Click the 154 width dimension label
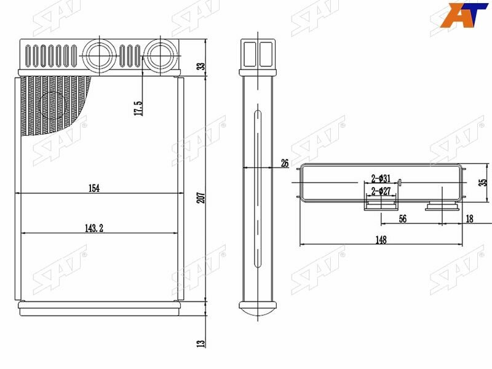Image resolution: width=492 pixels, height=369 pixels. click(94, 188)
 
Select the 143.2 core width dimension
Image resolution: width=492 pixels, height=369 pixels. click(94, 228)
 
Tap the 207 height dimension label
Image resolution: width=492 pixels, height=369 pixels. click(202, 197)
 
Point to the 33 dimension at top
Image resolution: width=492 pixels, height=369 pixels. click(202, 66)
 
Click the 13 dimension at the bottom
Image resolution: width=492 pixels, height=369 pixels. click(202, 344)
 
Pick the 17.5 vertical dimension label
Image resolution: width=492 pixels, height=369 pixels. click(138, 108)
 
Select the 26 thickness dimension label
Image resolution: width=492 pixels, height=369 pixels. click(285, 163)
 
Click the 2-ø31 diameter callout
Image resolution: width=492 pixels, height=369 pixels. click(381, 178)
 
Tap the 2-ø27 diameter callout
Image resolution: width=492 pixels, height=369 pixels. click(381, 191)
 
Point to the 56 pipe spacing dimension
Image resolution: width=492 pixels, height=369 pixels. click(403, 219)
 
